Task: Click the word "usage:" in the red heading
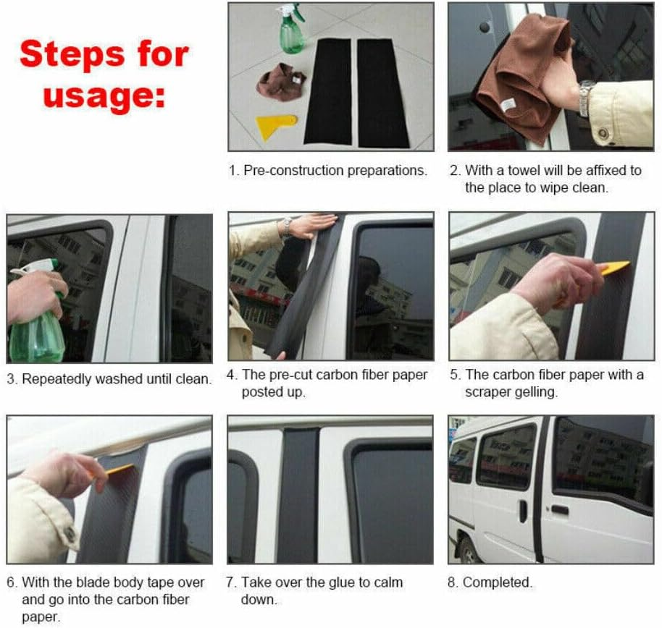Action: point(104,97)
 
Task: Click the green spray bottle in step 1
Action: point(292,29)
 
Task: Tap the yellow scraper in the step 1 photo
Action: point(276,127)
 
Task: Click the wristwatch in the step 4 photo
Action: point(287,225)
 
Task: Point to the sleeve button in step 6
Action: point(70,535)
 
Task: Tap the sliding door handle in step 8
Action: point(523,511)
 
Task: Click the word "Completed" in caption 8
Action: point(496,582)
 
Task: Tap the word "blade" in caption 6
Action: point(93,582)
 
